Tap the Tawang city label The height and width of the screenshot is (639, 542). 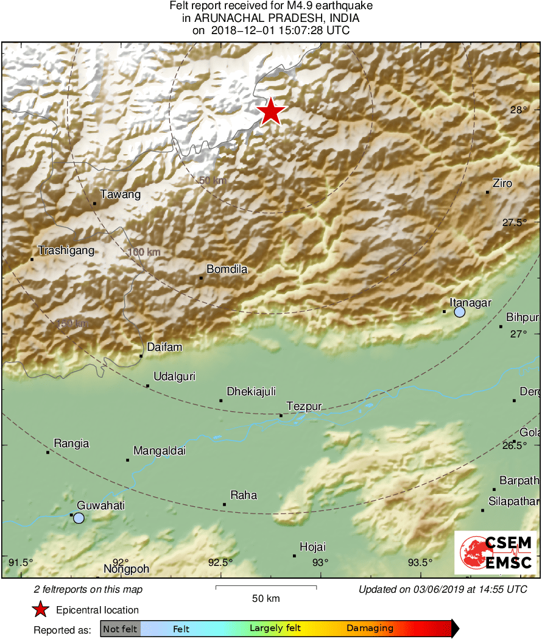pyautogui.click(x=121, y=195)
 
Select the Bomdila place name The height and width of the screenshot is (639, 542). pyautogui.click(x=227, y=269)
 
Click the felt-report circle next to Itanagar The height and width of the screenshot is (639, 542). pyautogui.click(x=460, y=312)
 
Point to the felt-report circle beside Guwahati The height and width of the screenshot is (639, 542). pyautogui.click(x=79, y=518)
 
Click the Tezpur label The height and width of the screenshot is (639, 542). pyautogui.click(x=304, y=407)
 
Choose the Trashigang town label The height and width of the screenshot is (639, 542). pyautogui.click(x=66, y=250)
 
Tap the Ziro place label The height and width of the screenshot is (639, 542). pyautogui.click(x=502, y=183)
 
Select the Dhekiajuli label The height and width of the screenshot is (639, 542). pyautogui.click(x=252, y=392)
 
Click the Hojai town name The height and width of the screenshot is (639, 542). pyautogui.click(x=312, y=547)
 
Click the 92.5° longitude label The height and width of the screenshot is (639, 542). pyautogui.click(x=220, y=562)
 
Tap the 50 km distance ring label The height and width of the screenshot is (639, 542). pyautogui.click(x=212, y=180)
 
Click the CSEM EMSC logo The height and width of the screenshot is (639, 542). pyautogui.click(x=495, y=552)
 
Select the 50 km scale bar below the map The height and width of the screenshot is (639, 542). pyautogui.click(x=266, y=587)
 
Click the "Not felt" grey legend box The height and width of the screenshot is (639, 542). pyautogui.click(x=120, y=628)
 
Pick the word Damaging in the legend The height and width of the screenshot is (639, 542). pyautogui.click(x=370, y=628)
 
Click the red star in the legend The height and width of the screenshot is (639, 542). pyautogui.click(x=41, y=609)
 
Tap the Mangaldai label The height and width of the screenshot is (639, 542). pyautogui.click(x=159, y=451)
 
